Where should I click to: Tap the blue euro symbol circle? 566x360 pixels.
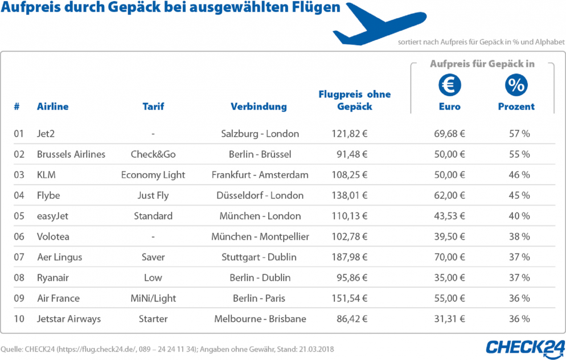[449, 85]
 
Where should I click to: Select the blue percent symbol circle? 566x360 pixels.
[516, 85]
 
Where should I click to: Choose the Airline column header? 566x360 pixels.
[52, 107]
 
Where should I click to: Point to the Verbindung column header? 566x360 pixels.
[259, 107]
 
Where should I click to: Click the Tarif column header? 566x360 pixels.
[153, 107]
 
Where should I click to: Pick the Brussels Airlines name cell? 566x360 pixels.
[71, 154]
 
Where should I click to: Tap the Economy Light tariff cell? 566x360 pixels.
[153, 175]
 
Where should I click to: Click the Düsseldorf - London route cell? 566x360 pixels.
[260, 195]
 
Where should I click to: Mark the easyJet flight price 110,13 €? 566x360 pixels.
[350, 216]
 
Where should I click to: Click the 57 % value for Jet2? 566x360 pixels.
[519, 134]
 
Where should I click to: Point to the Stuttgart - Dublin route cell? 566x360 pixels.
[259, 257]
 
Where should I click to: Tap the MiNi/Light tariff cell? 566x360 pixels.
[153, 298]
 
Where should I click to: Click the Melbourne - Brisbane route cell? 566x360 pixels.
[260, 318]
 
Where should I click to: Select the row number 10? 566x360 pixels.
[19, 318]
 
